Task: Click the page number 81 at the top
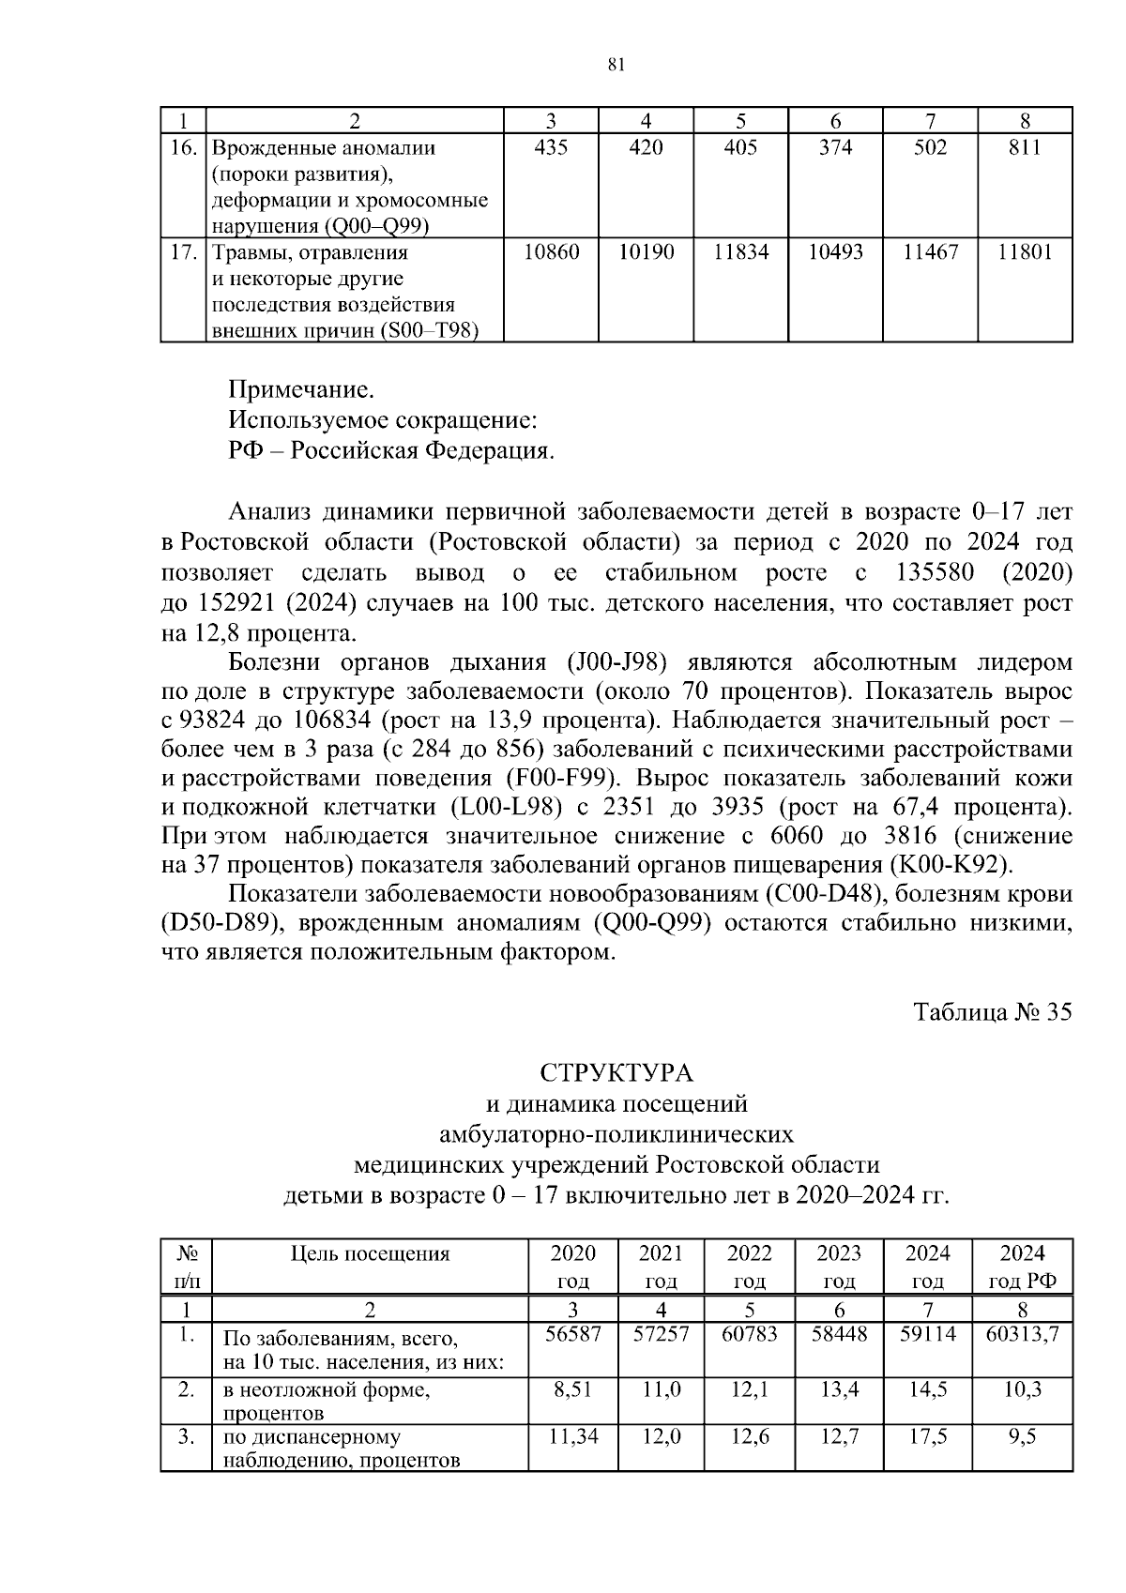[x=616, y=64]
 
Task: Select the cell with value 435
[x=551, y=147]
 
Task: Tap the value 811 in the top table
[x=1025, y=147]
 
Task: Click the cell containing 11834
[x=740, y=252]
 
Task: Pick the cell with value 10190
[x=646, y=252]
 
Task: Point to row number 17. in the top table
[x=184, y=252]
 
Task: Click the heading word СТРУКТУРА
[x=616, y=1072]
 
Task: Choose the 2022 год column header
[x=750, y=1267]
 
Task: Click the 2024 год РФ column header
[x=1023, y=1267]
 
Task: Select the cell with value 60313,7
[x=1023, y=1334]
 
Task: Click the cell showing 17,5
[x=927, y=1436]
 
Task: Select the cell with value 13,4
[x=839, y=1390]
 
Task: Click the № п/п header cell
[x=186, y=1267]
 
